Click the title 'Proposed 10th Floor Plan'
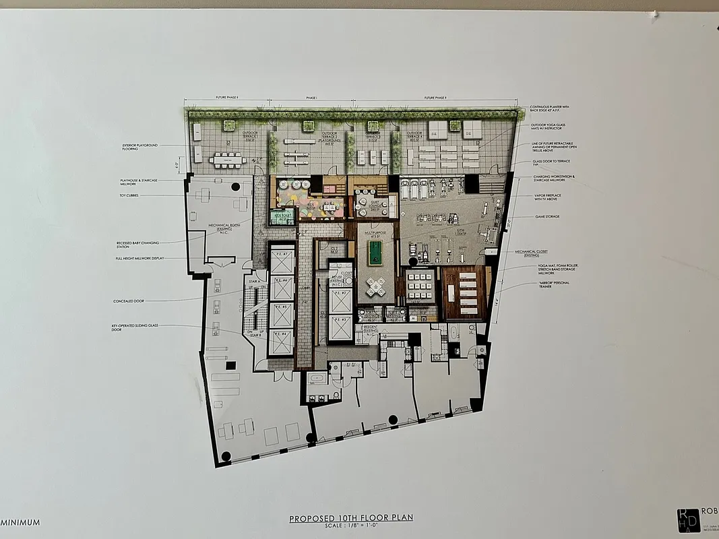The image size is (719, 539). coord(350,518)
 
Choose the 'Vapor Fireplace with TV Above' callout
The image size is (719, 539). coord(550,198)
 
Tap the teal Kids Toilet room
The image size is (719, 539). coord(282,217)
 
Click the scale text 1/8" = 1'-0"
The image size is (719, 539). coord(350,526)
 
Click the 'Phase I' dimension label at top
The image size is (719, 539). coord(311,98)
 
